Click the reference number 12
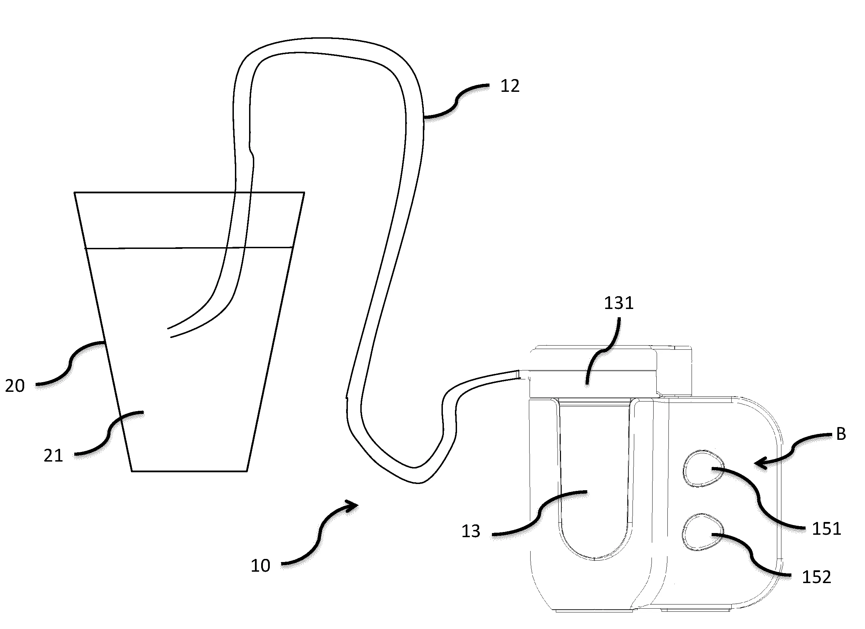click(510, 87)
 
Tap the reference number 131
click(619, 303)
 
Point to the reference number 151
click(826, 529)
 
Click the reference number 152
click(817, 578)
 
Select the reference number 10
click(260, 566)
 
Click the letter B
click(841, 434)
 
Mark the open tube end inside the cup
click(169, 332)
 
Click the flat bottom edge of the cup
click(190, 471)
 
